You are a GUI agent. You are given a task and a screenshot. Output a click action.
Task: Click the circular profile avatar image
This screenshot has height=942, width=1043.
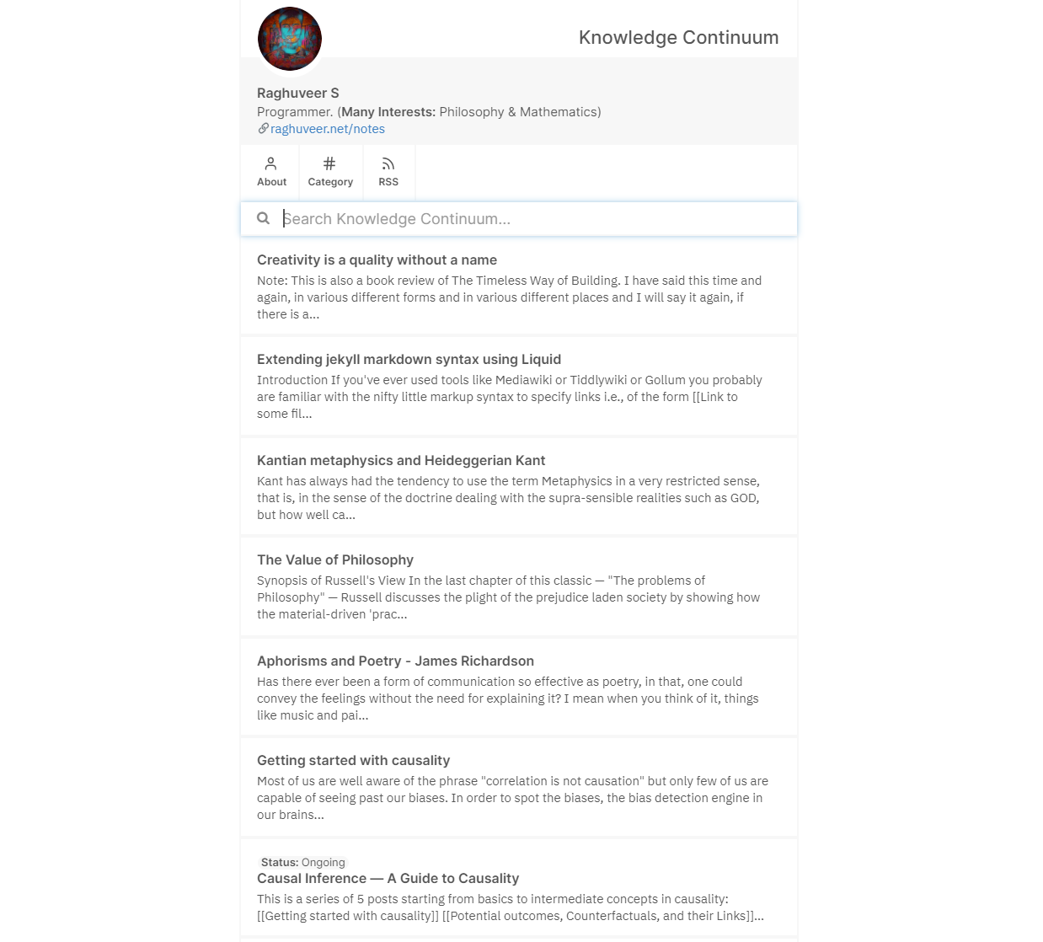coord(289,39)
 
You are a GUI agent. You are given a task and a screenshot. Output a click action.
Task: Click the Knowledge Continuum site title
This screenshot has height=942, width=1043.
coord(678,38)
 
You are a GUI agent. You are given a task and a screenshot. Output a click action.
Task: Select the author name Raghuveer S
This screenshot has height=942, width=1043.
coord(297,94)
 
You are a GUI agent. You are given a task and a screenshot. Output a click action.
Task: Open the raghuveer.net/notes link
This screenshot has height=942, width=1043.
coord(328,129)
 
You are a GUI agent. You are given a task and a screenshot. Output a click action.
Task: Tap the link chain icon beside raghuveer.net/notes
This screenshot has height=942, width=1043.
coord(263,129)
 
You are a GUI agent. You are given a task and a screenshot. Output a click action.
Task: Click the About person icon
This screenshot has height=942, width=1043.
coord(270,163)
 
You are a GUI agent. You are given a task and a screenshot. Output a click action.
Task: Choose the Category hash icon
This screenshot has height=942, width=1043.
coord(329,163)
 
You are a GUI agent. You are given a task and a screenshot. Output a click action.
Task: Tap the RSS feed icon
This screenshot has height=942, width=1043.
coord(388,163)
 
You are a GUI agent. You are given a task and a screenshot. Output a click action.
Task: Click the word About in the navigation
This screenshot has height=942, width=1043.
coord(271,182)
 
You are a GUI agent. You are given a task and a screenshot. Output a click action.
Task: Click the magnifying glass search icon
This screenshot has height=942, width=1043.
coord(263,219)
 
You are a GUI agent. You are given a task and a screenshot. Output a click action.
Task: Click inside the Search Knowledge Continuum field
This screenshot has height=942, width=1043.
coord(531,219)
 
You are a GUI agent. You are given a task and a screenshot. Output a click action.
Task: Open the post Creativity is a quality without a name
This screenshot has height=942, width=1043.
coord(377,260)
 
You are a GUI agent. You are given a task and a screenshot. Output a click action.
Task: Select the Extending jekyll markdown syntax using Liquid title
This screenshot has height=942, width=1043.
coord(409,360)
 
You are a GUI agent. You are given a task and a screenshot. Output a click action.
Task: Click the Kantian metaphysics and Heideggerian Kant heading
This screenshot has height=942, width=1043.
coord(401,461)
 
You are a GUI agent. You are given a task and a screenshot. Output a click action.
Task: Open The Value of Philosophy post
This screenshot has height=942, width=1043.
coord(335,560)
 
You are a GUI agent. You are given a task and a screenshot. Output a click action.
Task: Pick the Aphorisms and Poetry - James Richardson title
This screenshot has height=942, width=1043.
coord(395,661)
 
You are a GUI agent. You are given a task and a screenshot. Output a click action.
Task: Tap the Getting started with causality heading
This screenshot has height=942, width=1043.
coord(353,761)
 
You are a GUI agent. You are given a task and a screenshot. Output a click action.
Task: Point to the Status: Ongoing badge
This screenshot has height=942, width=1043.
coord(302,863)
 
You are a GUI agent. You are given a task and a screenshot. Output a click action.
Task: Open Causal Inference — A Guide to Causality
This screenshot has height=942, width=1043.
coord(388,879)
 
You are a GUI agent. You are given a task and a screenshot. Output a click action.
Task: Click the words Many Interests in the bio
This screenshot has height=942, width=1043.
coord(388,112)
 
